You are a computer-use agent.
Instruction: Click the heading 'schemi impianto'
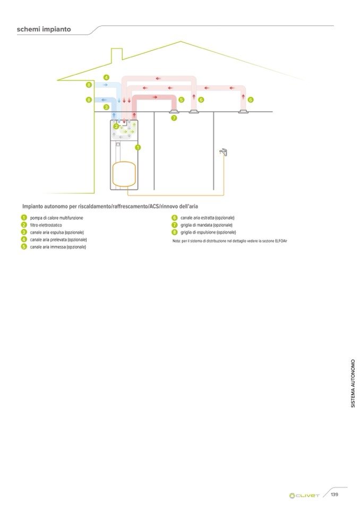click(44, 29)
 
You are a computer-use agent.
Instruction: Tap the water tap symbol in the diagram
click(224, 152)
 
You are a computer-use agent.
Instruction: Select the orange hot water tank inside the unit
click(124, 173)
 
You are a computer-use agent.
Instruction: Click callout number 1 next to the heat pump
click(138, 147)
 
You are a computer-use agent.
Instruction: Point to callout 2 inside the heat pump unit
click(116, 126)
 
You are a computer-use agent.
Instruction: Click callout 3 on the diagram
click(106, 107)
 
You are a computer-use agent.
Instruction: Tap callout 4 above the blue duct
click(106, 77)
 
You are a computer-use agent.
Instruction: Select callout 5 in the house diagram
click(181, 99)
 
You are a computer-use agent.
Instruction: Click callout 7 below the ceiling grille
click(174, 118)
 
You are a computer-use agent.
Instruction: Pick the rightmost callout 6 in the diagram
click(251, 99)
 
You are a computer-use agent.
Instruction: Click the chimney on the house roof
click(116, 54)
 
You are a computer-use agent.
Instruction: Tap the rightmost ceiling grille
click(244, 111)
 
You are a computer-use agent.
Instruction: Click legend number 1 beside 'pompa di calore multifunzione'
click(24, 218)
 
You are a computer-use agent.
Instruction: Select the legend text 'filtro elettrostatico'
click(46, 225)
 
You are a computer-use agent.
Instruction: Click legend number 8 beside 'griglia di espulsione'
click(174, 232)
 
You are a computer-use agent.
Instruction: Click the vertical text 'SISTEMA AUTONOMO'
click(353, 384)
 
